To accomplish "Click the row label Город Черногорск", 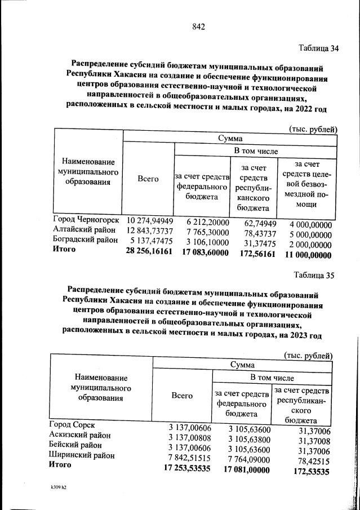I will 86,219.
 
